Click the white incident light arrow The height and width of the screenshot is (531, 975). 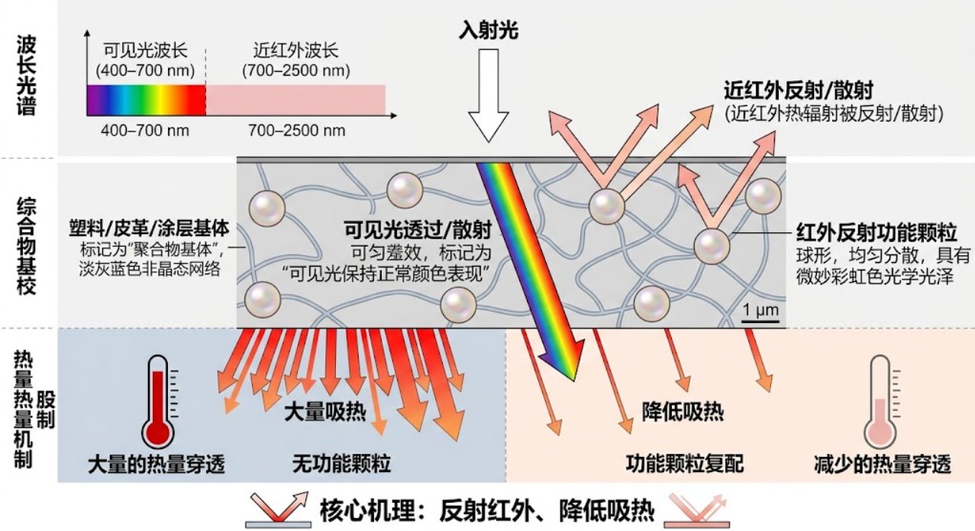point(489,95)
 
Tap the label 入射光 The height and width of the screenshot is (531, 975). point(489,31)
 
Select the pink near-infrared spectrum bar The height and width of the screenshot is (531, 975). point(295,100)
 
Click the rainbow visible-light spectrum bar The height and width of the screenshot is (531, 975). point(147,100)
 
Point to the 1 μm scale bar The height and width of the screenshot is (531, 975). point(760,321)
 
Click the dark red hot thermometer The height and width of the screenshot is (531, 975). point(157,401)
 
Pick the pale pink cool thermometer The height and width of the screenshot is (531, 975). point(880,401)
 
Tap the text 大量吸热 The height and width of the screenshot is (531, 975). point(325,412)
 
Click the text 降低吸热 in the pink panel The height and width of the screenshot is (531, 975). point(683,412)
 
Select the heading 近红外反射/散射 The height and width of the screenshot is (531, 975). point(799,91)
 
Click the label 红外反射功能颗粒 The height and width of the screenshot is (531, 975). point(877,232)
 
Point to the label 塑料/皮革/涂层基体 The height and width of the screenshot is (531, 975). point(149,228)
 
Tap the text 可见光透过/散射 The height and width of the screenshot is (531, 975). point(418,229)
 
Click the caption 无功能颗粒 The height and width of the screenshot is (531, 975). point(341,464)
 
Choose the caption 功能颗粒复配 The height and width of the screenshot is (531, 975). point(685,464)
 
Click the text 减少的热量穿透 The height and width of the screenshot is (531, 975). point(883,465)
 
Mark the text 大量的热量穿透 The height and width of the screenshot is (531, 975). point(157,465)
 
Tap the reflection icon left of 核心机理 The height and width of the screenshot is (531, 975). point(279,510)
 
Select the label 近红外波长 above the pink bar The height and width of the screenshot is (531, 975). point(296,50)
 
